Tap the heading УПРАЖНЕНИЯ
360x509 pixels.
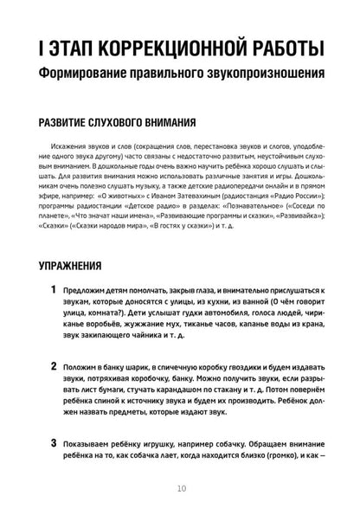click(x=82, y=266)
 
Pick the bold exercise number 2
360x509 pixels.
click(x=55, y=367)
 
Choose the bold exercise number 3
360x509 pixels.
click(x=55, y=443)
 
